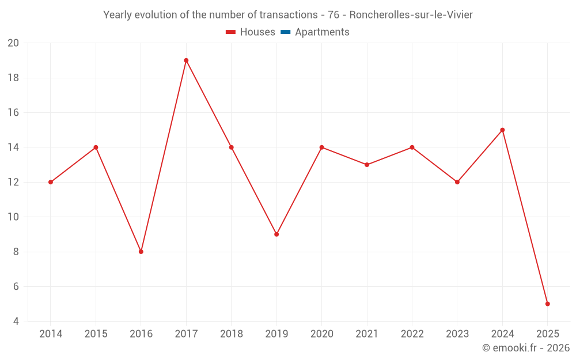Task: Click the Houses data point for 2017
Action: [186, 60]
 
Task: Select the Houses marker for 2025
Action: [547, 304]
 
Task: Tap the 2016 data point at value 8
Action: [141, 252]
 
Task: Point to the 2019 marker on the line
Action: [276, 234]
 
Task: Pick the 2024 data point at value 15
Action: [502, 130]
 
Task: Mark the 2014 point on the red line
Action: [51, 182]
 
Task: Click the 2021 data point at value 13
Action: [367, 165]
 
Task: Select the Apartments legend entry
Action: [322, 32]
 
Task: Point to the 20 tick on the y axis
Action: [13, 43]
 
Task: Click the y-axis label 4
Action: [16, 321]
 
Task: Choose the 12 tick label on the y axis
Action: [13, 182]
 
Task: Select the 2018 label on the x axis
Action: [231, 334]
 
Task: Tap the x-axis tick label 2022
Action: [412, 334]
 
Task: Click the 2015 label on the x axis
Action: [96, 334]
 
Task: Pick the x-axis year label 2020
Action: [321, 334]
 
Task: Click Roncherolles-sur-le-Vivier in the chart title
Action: [411, 15]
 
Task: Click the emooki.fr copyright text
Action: [526, 348]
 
